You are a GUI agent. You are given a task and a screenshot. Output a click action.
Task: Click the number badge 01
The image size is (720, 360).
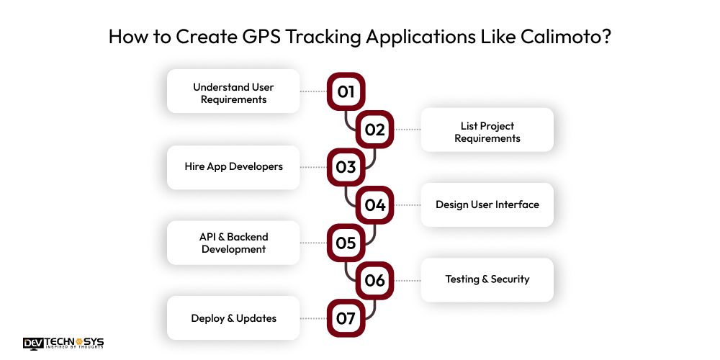tap(346, 91)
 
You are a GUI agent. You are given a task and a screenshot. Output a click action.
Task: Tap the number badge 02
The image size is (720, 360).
tap(375, 130)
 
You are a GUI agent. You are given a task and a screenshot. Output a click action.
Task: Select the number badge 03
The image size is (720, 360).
tap(346, 167)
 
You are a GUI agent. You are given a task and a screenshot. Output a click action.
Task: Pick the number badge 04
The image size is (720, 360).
tap(375, 204)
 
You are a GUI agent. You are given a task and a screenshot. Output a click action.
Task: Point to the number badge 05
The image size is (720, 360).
tap(346, 243)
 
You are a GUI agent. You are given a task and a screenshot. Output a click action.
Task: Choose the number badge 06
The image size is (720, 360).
tap(375, 280)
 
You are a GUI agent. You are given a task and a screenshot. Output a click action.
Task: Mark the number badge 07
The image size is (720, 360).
tap(346, 318)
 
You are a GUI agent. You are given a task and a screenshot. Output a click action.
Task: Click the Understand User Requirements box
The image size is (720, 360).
tap(233, 91)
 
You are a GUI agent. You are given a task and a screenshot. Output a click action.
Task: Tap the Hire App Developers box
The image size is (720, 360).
tap(233, 167)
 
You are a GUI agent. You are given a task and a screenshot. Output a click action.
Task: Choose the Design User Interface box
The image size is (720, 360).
tap(487, 204)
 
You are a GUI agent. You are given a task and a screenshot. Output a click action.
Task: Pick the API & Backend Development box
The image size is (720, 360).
tap(233, 243)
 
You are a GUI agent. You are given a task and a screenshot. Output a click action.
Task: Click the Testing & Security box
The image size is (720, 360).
tap(487, 280)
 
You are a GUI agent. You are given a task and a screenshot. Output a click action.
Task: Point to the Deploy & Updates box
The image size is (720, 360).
tap(233, 318)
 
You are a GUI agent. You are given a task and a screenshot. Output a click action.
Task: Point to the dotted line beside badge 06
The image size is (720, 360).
tap(408, 280)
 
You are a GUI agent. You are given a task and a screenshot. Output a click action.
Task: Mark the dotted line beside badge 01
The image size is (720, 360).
tap(313, 91)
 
